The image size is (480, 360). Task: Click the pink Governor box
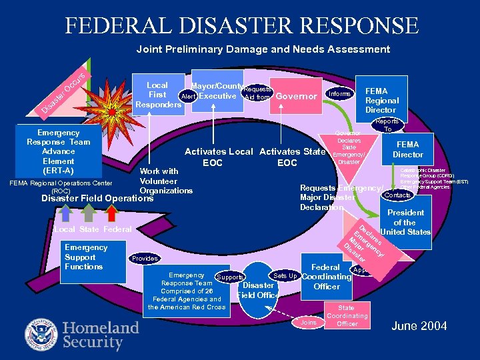click(x=297, y=97)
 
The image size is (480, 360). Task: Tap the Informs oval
click(x=340, y=94)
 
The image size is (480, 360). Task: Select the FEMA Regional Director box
click(x=381, y=100)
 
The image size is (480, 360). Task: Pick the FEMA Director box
click(x=407, y=149)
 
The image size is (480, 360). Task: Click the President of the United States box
click(x=405, y=223)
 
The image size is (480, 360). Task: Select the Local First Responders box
click(x=157, y=95)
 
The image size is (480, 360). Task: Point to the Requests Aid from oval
click(x=257, y=93)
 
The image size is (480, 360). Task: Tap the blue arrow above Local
click(x=65, y=213)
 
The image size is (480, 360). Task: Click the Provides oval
click(x=145, y=259)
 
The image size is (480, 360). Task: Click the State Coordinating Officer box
click(x=347, y=315)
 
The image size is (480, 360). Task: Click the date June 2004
click(x=420, y=326)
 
